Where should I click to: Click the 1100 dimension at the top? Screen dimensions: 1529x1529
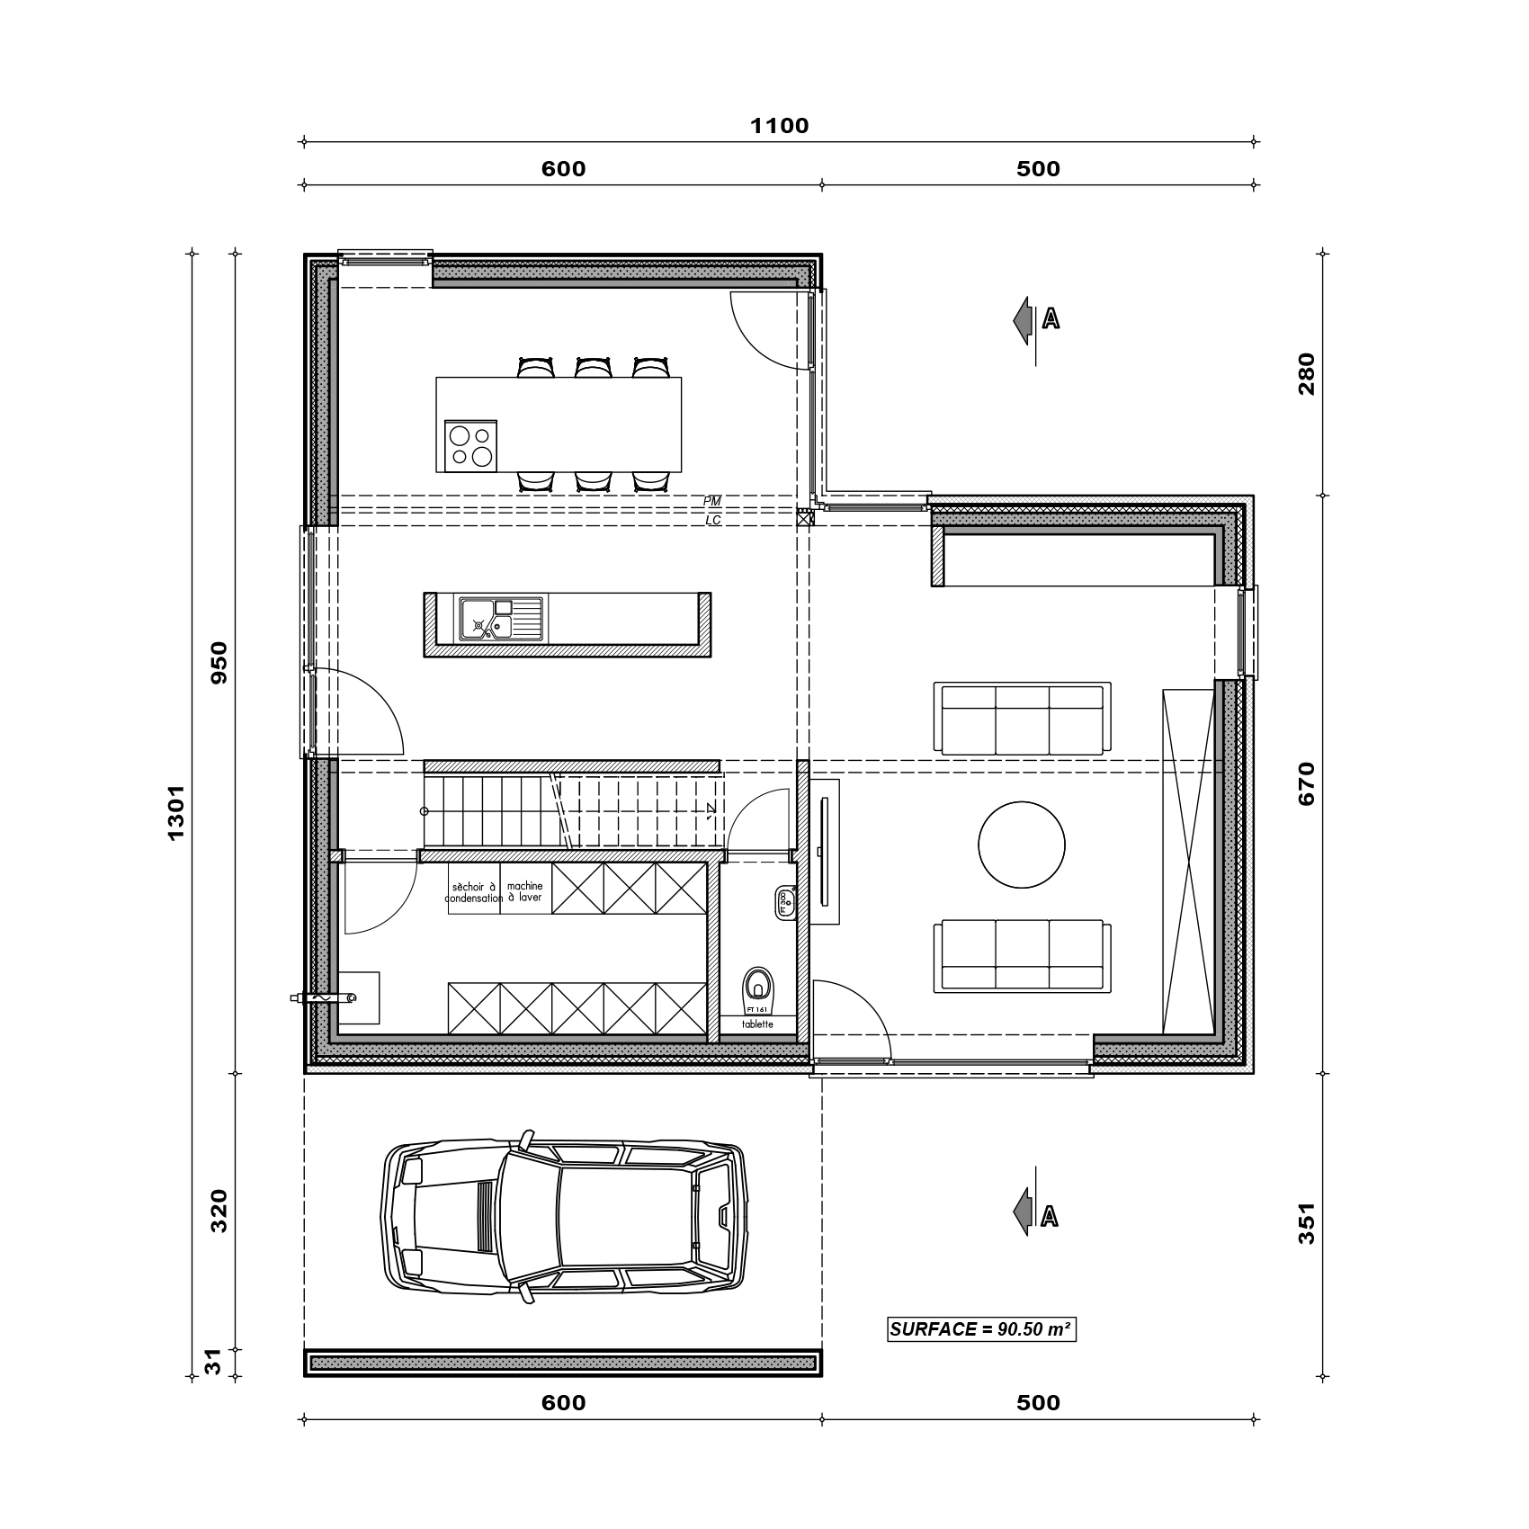coord(780,126)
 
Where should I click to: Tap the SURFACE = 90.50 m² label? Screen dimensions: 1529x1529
coord(981,1329)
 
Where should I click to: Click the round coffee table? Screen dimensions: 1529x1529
coord(1022,845)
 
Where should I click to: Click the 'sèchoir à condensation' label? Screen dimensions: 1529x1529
coord(474,892)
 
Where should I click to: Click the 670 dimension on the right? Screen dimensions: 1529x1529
coord(1307,782)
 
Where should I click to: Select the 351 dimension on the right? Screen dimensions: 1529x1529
coord(1307,1223)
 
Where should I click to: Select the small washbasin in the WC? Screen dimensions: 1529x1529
coord(782,903)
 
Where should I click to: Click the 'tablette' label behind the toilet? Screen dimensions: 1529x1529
coord(757,1024)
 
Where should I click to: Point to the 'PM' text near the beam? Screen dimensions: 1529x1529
coord(711,501)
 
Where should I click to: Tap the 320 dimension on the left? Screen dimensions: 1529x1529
coord(219,1211)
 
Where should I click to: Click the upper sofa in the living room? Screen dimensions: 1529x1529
coord(1022,720)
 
